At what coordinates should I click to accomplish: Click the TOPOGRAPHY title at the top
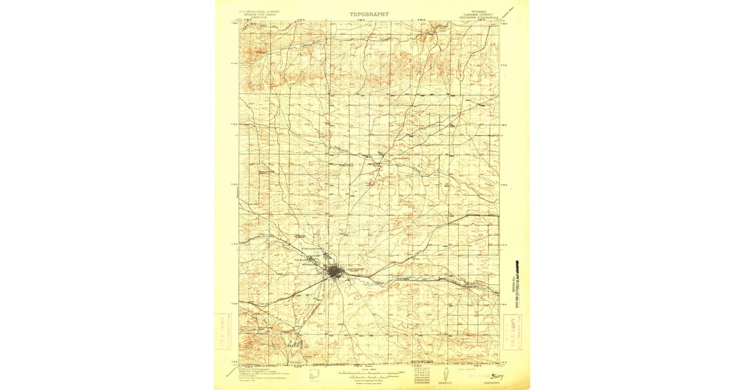point(369,14)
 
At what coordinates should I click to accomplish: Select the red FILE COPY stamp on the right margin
point(513,332)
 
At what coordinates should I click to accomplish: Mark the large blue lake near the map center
point(380,154)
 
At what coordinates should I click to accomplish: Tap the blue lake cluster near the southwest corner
point(294,342)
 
